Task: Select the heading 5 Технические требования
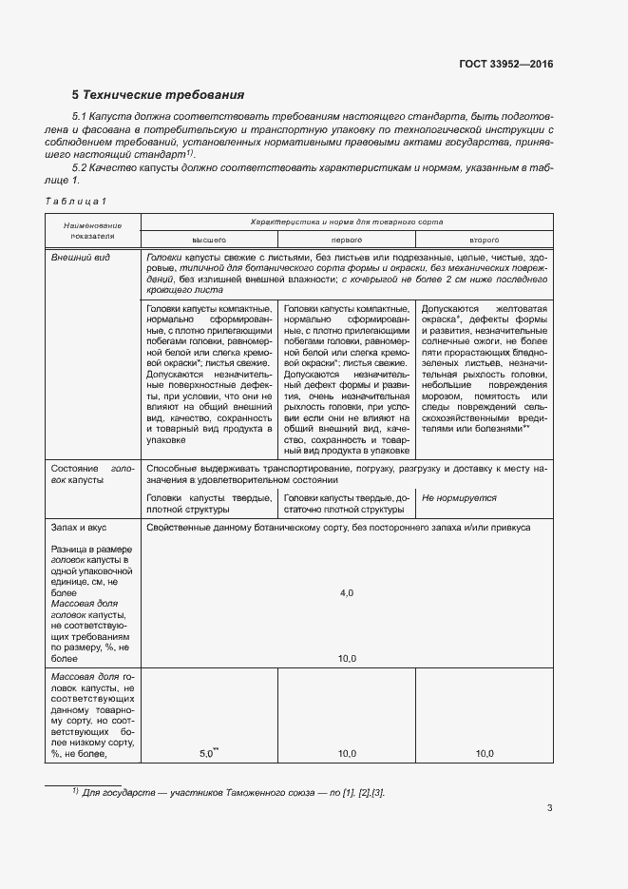pyautogui.click(x=159, y=95)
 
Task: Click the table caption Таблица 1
pyautogui.click(x=76, y=201)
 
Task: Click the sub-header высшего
pyautogui.click(x=208, y=241)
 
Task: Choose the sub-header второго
pyautogui.click(x=484, y=241)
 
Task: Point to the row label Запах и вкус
pyautogui.click(x=78, y=526)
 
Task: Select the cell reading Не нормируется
pyautogui.click(x=459, y=497)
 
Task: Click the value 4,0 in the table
pyautogui.click(x=346, y=592)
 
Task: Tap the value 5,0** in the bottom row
pyautogui.click(x=208, y=753)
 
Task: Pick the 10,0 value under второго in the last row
pyautogui.click(x=484, y=754)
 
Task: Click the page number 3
pyautogui.click(x=550, y=808)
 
